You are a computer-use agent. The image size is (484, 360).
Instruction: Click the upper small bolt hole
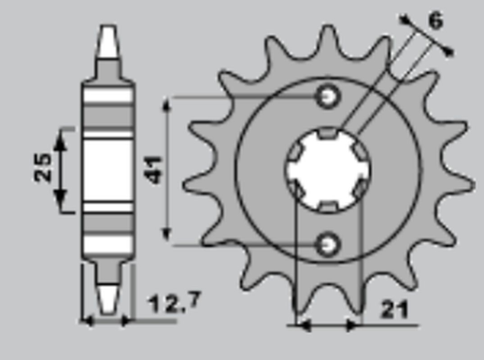click(x=329, y=96)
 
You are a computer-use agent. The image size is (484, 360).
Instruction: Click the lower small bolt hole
click(x=328, y=244)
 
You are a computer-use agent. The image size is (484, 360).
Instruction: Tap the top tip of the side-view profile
click(x=107, y=28)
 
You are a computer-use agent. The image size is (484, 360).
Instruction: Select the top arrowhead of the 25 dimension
click(x=62, y=134)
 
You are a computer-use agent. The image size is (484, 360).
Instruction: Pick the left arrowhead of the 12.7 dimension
click(x=87, y=320)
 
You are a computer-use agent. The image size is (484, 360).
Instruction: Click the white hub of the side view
click(x=108, y=168)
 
